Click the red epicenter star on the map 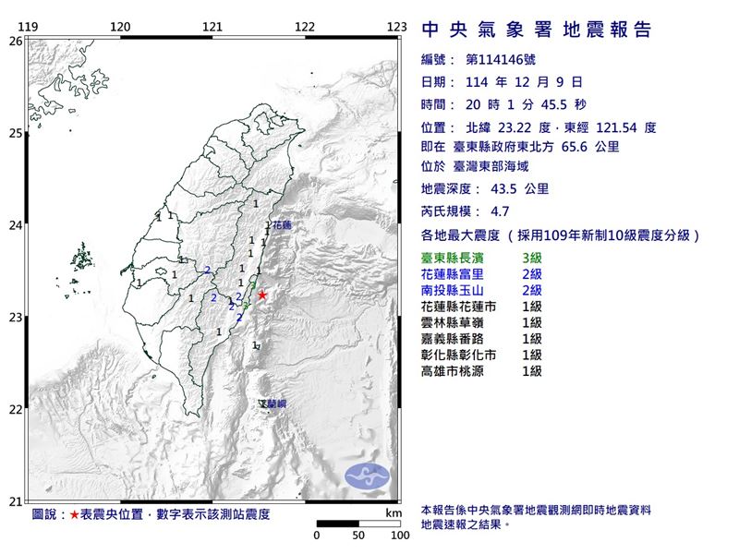point(262,295)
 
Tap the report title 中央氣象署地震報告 point(536,30)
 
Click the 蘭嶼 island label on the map point(273,404)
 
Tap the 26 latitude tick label point(14,42)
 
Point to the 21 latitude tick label point(14,501)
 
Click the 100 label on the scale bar point(400,536)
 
